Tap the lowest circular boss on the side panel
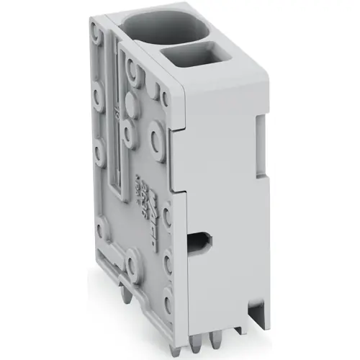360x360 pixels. coord(168,292)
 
